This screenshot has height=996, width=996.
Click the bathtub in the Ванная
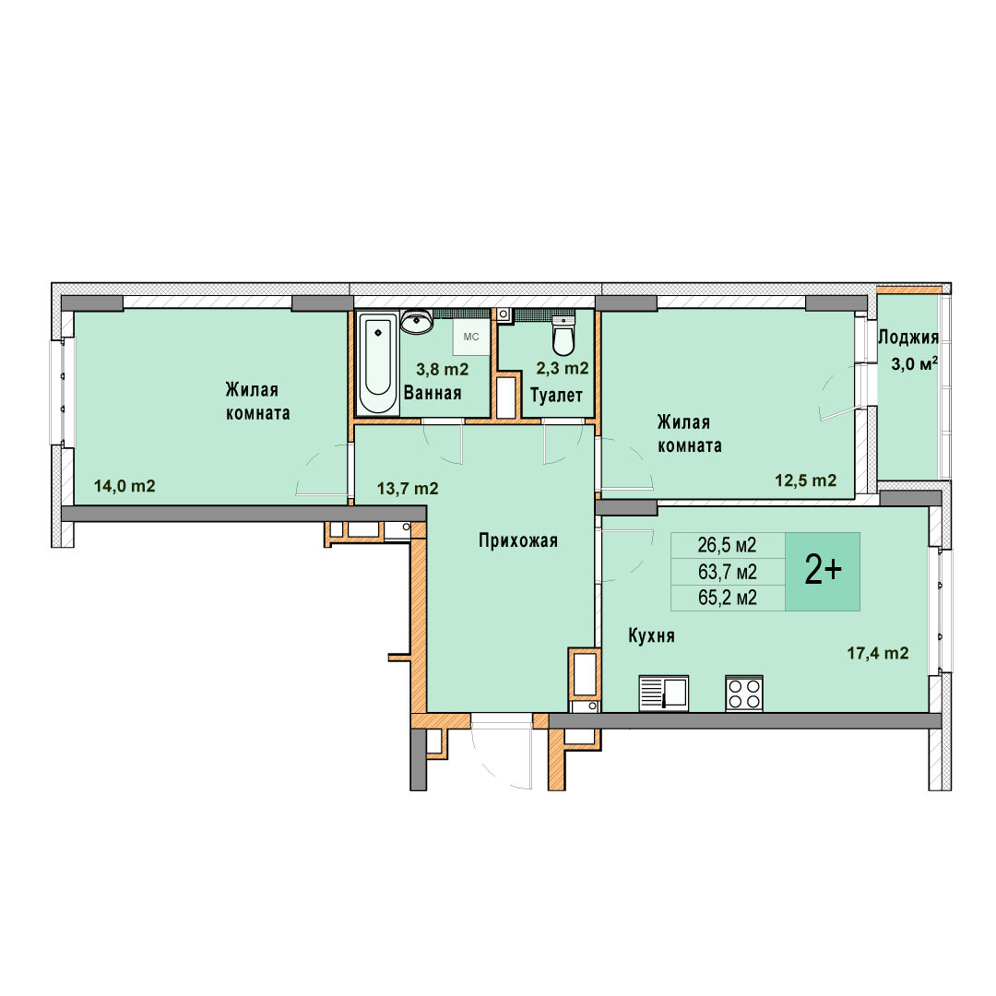click(378, 363)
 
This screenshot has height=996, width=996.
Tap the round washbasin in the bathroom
click(418, 322)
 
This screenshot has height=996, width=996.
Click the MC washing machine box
click(471, 337)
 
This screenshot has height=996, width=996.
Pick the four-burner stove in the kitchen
click(744, 693)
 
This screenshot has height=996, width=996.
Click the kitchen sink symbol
click(664, 693)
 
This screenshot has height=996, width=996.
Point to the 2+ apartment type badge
click(823, 572)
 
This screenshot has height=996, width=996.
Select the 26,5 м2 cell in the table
click(728, 545)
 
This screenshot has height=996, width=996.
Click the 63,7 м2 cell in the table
click(728, 572)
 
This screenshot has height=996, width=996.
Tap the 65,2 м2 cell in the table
click(728, 598)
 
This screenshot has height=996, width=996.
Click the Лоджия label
click(908, 338)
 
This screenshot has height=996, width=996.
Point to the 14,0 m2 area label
click(125, 486)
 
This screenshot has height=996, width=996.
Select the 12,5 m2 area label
click(805, 480)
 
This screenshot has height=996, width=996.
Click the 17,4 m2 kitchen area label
click(878, 653)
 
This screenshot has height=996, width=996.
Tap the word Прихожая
click(518, 540)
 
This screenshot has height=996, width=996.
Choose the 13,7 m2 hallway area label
click(408, 489)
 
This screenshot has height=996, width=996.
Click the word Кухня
click(652, 635)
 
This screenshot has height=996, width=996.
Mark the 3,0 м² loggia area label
click(915, 364)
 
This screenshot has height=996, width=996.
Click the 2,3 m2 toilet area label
click(563, 368)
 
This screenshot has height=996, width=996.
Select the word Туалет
click(556, 395)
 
